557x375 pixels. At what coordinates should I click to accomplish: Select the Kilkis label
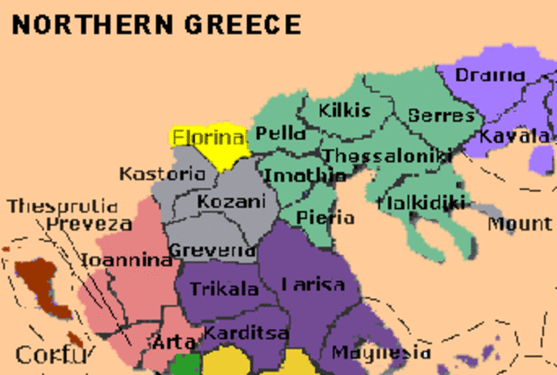[345, 110]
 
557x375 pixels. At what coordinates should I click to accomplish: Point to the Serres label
[441, 115]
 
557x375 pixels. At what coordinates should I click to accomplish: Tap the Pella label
[279, 134]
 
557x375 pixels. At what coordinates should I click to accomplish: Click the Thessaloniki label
[386, 156]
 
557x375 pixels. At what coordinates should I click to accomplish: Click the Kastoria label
[162, 173]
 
